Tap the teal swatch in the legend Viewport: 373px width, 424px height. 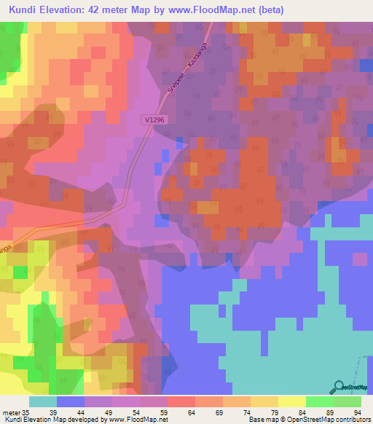(43, 401)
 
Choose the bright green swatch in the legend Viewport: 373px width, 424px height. (320, 401)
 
